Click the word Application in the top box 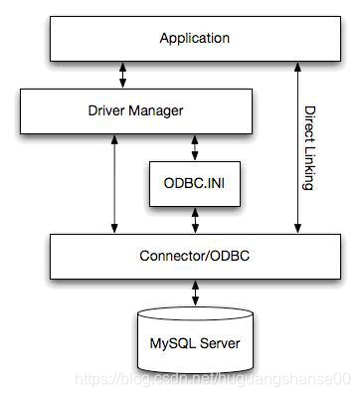click(x=195, y=39)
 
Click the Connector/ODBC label click(x=195, y=255)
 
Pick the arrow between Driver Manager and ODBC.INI click(x=195, y=145)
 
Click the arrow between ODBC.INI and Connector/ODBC click(x=195, y=221)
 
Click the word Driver click(x=94, y=109)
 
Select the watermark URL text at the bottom click(x=214, y=379)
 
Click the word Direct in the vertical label click(x=310, y=123)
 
